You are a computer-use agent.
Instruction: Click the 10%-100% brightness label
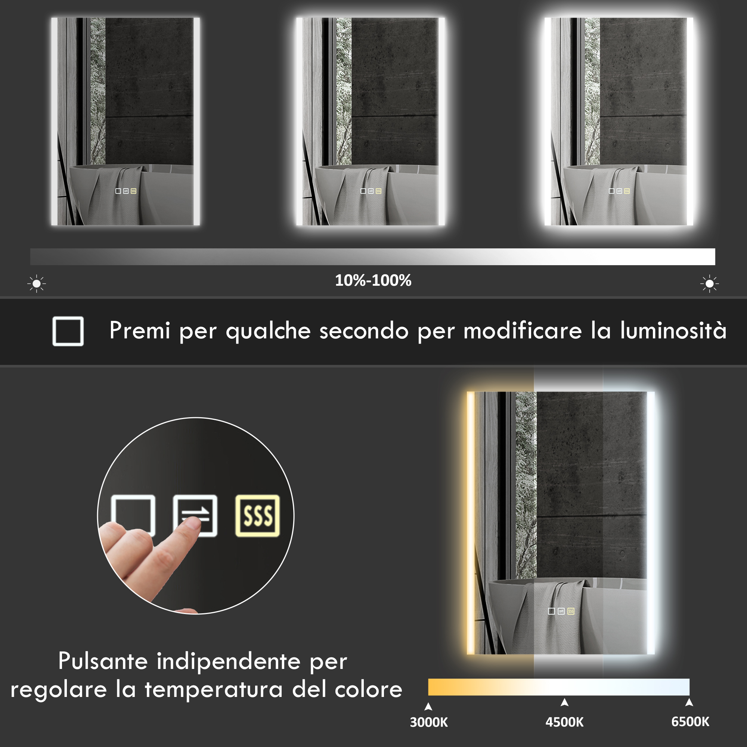373,281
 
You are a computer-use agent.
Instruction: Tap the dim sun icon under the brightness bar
37,284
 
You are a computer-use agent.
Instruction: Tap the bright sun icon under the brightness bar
710,284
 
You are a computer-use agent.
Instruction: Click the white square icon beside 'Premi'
68,331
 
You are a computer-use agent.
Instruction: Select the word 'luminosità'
673,331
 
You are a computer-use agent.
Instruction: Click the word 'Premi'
140,331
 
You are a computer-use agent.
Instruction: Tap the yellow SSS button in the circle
257,516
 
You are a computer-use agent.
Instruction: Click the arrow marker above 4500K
564,702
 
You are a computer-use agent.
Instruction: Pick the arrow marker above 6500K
689,702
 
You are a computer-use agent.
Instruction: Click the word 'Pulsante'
103,661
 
